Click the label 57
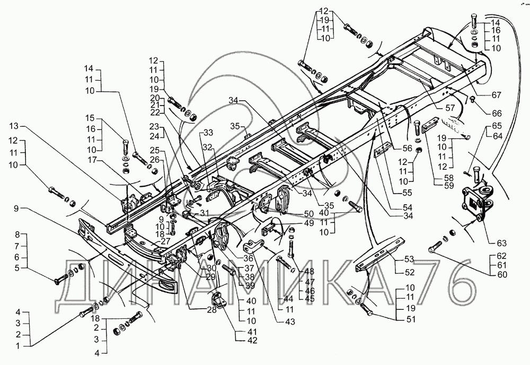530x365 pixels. click(450, 108)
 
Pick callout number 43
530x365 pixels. click(289, 321)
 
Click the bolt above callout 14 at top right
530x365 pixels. click(473, 24)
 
